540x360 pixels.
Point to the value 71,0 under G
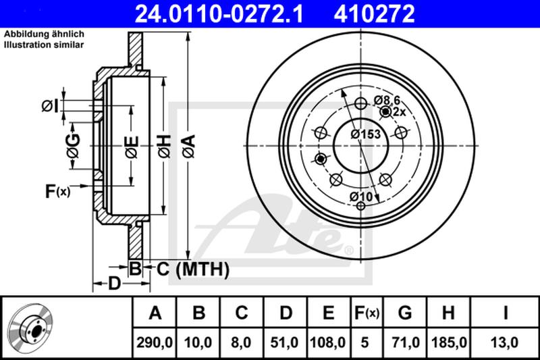[x=404, y=342]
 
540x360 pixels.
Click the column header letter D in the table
[x=286, y=313]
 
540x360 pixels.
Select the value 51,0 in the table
[x=286, y=342]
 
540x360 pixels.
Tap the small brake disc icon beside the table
[x=34, y=327]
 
